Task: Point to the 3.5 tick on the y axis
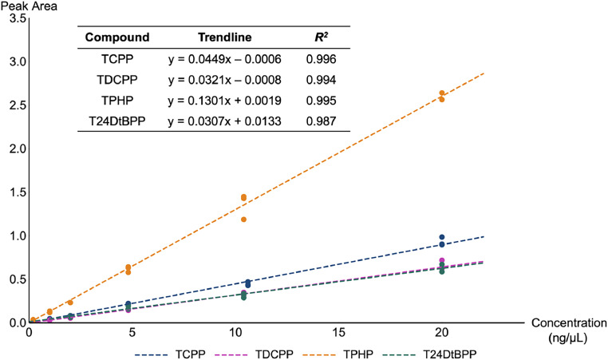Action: pyautogui.click(x=14, y=18)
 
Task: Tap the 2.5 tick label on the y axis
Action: pyautogui.click(x=14, y=105)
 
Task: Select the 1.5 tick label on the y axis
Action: pyautogui.click(x=14, y=192)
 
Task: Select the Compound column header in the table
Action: pyautogui.click(x=117, y=38)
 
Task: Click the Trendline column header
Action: pyautogui.click(x=225, y=38)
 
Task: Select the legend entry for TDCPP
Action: pyautogui.click(x=270, y=351)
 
